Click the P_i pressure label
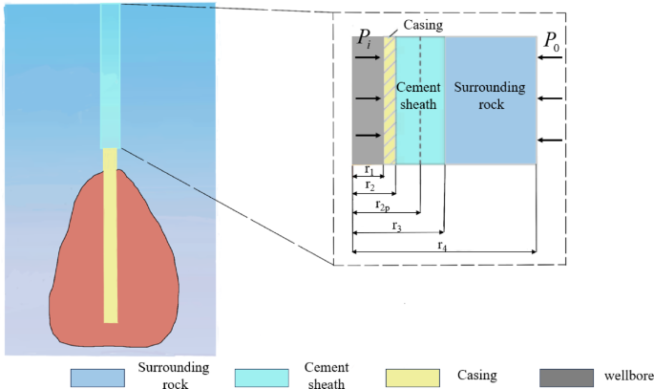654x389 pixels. pos(365,39)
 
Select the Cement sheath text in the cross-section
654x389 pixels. pos(419,96)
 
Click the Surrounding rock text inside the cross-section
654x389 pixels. pos(490,96)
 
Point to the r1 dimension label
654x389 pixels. pos(368,170)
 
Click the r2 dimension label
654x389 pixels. pos(368,187)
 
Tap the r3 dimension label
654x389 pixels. pos(396,226)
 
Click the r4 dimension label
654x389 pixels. pos(442,246)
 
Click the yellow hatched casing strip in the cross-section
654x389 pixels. pos(390,100)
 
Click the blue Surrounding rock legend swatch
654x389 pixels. pos(98,377)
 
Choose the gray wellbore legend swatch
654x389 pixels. pos(567,377)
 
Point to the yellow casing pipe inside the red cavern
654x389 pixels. pos(110,239)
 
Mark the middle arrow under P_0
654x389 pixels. pos(549,98)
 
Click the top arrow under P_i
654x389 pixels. pos(367,59)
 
